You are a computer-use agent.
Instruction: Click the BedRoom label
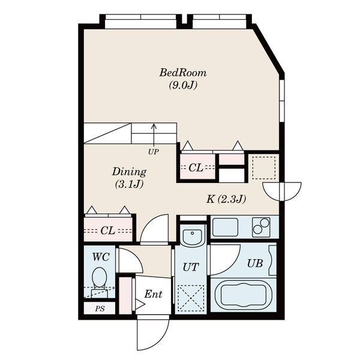click(x=183, y=73)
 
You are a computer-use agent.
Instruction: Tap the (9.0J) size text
click(x=183, y=85)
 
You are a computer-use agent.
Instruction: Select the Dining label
click(x=129, y=172)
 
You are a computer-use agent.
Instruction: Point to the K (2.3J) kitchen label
click(x=226, y=199)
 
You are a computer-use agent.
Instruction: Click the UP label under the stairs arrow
click(x=154, y=152)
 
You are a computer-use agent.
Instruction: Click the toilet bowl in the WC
click(x=99, y=277)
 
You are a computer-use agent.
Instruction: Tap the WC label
click(x=101, y=257)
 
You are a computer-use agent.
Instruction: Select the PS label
click(x=100, y=309)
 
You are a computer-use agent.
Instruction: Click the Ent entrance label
click(x=153, y=294)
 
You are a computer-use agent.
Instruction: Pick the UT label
click(x=191, y=267)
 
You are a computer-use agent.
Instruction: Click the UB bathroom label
click(x=255, y=263)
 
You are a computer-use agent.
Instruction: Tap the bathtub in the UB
click(x=244, y=295)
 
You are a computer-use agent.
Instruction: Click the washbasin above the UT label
click(x=192, y=235)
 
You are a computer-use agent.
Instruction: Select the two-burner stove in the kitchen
click(x=261, y=227)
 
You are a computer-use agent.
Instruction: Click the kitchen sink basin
click(x=225, y=227)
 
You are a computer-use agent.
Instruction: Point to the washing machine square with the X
click(x=191, y=298)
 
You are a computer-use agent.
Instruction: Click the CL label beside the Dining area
click(x=196, y=168)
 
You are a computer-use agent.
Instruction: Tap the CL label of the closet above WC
click(x=107, y=230)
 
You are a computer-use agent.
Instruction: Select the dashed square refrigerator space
click(x=264, y=168)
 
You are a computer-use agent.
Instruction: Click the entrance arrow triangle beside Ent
click(x=140, y=304)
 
